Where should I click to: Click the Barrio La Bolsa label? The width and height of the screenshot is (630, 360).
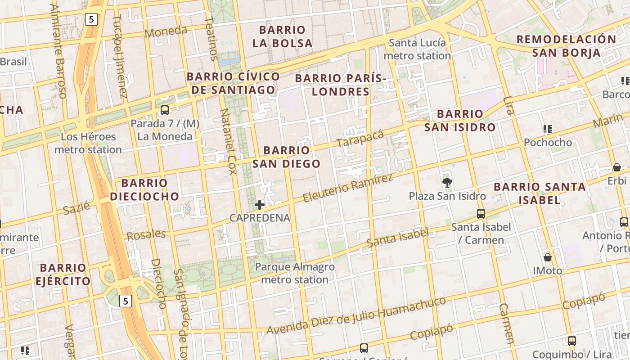tap(282, 36)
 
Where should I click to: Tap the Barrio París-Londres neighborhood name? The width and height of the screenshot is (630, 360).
tap(341, 85)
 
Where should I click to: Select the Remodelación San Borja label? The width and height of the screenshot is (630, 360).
tap(566, 46)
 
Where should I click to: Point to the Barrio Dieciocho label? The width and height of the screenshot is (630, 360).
tap(144, 190)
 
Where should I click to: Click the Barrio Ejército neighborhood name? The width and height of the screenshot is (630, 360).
tap(63, 274)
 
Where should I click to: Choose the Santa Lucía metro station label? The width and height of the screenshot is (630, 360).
tap(417, 49)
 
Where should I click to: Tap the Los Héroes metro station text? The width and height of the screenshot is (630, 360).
tap(88, 143)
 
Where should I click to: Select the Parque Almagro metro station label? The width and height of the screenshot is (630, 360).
tap(295, 273)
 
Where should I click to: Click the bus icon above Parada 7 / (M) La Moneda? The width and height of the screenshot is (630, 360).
tap(165, 110)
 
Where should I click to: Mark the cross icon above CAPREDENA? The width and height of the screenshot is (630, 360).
tap(260, 205)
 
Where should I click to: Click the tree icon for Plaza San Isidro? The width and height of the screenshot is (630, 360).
tap(447, 183)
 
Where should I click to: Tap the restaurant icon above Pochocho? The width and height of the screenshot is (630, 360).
tap(548, 130)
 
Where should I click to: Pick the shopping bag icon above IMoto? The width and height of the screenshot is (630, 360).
tap(548, 257)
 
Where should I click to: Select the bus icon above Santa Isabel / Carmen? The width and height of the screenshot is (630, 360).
tap(481, 214)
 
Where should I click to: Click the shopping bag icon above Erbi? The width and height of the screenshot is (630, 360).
tap(617, 167)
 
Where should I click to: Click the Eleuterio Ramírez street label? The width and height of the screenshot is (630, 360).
tap(348, 188)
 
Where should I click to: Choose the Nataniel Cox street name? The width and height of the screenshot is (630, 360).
tap(228, 141)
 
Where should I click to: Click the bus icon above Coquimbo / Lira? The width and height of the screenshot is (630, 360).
tap(571, 341)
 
